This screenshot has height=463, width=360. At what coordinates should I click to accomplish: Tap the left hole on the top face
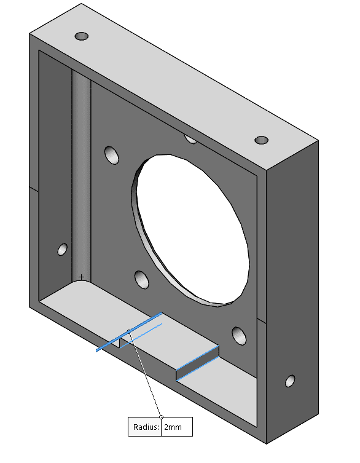click(82, 36)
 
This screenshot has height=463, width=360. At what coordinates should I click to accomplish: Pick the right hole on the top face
click(262, 140)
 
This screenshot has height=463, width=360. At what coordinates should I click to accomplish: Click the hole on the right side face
click(289, 381)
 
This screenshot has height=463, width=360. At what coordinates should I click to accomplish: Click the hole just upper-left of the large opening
click(111, 155)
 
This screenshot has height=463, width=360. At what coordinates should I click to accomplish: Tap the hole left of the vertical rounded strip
click(62, 249)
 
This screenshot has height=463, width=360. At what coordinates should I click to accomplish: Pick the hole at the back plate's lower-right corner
click(238, 335)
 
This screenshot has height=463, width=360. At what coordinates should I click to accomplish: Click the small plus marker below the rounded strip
click(81, 277)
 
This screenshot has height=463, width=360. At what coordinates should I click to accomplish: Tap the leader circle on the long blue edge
click(128, 333)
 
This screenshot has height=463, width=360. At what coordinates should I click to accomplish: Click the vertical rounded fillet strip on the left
click(81, 178)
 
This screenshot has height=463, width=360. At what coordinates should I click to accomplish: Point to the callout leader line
click(145, 375)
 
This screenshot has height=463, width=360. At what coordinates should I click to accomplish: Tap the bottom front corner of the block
click(267, 442)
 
